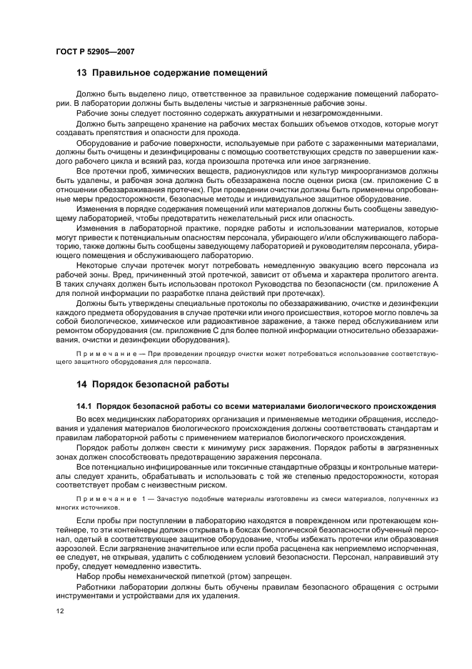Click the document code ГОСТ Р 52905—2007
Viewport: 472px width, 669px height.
pos(94,51)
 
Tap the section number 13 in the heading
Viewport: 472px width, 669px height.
pos(81,72)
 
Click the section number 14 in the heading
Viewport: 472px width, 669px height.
pos(81,384)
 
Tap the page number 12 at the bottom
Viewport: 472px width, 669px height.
pos(60,612)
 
